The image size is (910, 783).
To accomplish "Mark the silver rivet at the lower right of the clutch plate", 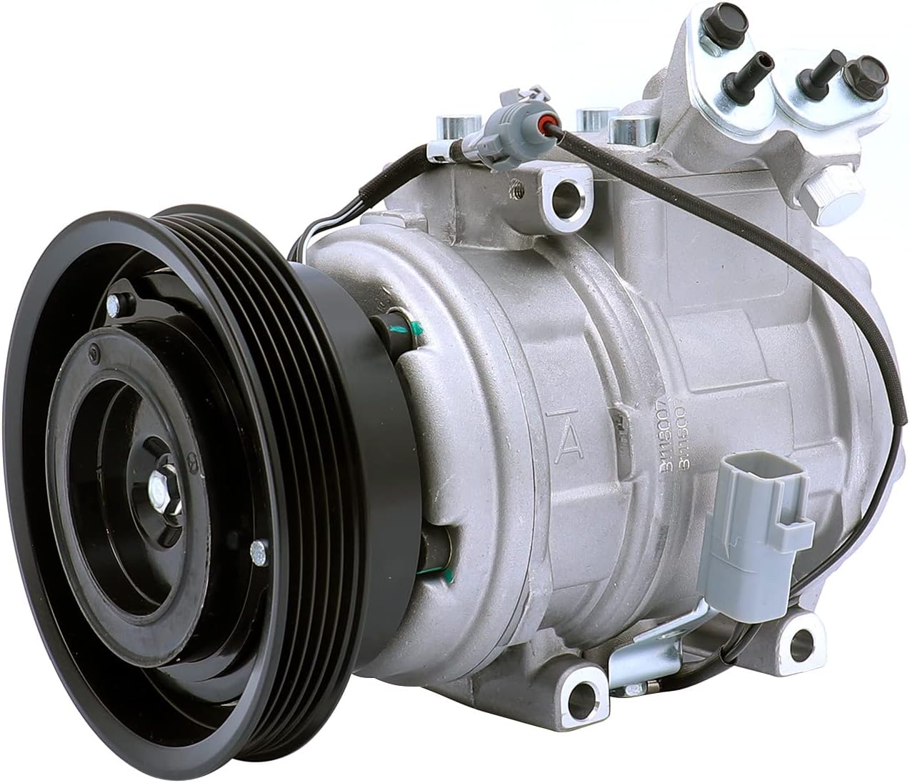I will pyautogui.click(x=259, y=549).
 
